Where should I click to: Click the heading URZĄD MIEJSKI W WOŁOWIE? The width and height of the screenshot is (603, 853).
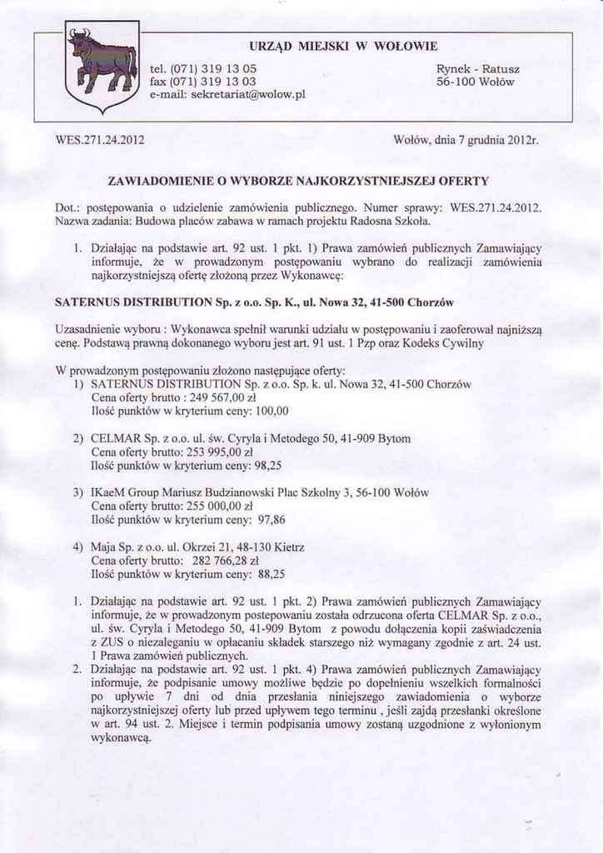click(x=343, y=46)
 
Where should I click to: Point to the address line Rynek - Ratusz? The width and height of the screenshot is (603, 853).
click(x=478, y=68)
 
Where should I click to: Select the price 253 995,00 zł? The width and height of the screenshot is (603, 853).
click(x=212, y=451)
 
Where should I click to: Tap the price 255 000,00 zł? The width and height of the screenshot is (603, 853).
click(x=212, y=506)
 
